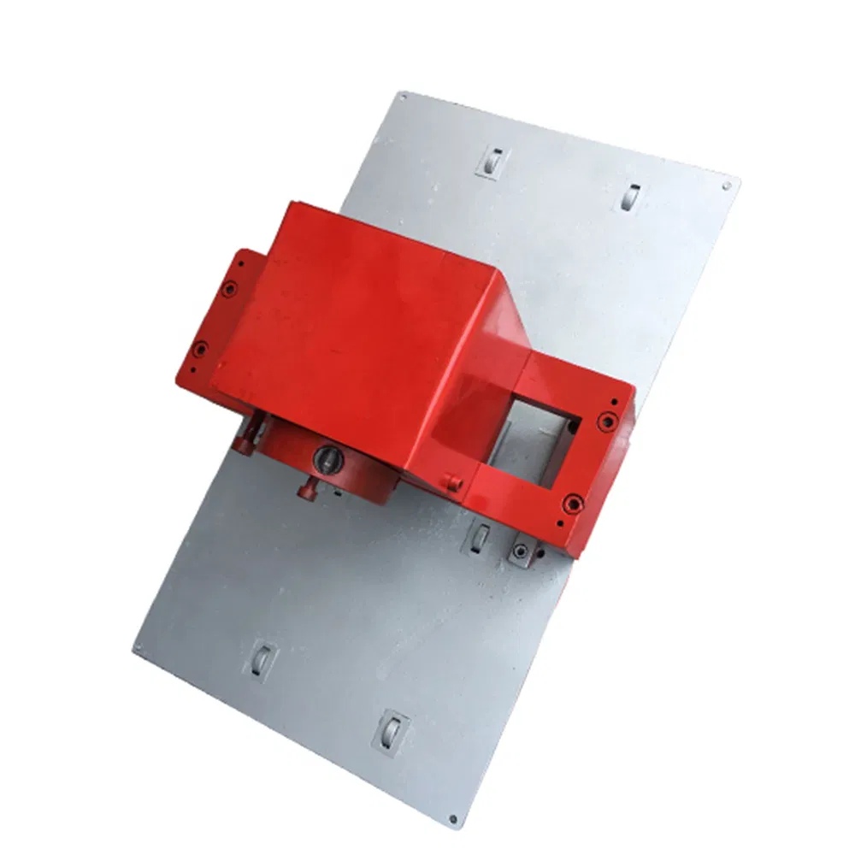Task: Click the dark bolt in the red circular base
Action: click(x=327, y=458)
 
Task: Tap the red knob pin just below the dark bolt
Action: click(x=308, y=488)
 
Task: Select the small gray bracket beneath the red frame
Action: click(x=520, y=552)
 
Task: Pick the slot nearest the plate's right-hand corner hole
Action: click(x=630, y=198)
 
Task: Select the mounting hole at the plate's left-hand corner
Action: click(x=138, y=648)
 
